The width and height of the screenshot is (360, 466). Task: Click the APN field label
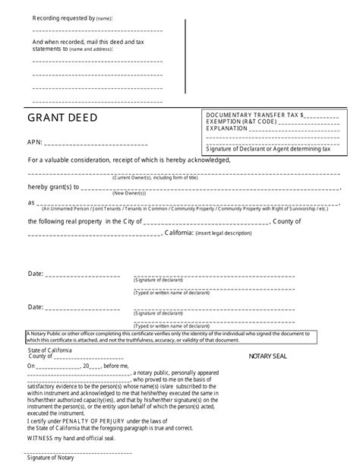tap(34, 142)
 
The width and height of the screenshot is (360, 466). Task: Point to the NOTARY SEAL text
tap(268, 355)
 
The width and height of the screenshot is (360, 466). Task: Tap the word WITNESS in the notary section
tap(41, 437)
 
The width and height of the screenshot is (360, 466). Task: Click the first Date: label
tap(36, 273)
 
